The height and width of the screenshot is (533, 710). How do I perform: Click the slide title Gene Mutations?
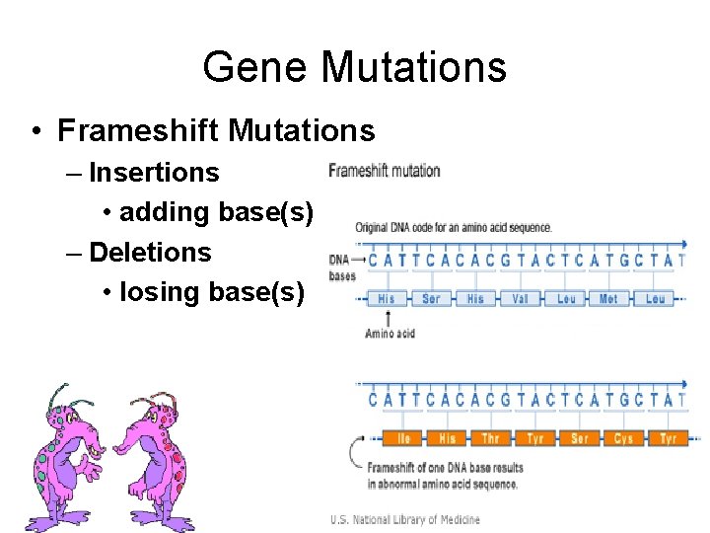point(354,67)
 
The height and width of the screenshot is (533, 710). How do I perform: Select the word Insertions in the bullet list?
point(154,173)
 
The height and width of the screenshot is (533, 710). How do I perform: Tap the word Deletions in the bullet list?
point(150,253)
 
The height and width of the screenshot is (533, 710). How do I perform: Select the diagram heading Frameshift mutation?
point(385,171)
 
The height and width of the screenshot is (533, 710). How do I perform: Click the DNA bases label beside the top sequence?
point(342,266)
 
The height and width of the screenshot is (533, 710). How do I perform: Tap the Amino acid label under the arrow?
point(390,334)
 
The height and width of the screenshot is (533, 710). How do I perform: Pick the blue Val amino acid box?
point(521,298)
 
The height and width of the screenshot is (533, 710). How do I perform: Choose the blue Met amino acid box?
point(609,298)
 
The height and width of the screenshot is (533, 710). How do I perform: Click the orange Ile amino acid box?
point(404,438)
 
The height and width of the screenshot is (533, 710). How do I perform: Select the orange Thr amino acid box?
point(491,438)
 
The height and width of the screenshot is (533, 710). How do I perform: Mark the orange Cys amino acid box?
point(623,438)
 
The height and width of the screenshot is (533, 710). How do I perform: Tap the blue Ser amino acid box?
point(431,298)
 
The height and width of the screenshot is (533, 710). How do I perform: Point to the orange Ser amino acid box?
point(580,438)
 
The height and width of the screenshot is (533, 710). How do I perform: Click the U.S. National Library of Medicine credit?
point(405,519)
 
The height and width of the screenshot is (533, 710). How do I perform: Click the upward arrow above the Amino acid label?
point(390,317)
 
